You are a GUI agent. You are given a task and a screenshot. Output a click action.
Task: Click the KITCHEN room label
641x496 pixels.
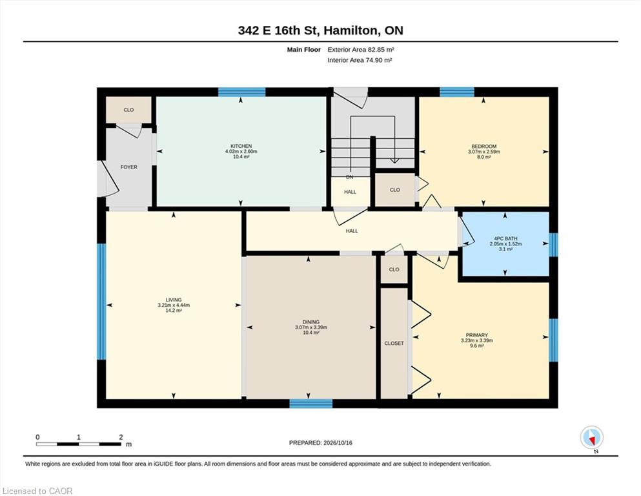241,146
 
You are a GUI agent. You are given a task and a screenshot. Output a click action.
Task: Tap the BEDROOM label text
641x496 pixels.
484,147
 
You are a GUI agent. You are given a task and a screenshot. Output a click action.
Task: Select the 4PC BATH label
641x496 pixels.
505,238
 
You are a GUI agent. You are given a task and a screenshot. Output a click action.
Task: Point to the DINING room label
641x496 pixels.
311,322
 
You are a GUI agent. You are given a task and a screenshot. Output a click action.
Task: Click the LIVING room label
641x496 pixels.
174,300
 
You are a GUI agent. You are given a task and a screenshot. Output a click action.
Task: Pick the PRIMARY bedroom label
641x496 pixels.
476,335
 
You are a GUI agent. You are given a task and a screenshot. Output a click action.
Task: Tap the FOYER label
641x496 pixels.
128,167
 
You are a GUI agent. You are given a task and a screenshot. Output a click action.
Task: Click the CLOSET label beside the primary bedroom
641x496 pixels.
394,344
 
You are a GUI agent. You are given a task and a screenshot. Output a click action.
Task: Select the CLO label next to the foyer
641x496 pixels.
128,110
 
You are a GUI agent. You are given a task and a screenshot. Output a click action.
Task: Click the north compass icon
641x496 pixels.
591,437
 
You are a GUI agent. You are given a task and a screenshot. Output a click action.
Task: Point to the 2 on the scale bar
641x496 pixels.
121,437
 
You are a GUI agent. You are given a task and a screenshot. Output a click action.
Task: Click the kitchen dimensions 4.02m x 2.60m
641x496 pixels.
241,151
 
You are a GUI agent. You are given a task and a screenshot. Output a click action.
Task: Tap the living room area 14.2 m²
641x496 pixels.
174,311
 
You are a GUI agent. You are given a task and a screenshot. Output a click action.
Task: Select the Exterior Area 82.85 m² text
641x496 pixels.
361,50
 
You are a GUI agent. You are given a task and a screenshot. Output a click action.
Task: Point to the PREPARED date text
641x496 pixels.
320,443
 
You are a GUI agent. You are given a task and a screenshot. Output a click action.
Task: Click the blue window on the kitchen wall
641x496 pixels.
241,92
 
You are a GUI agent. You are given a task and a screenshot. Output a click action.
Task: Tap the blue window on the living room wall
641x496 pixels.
101,302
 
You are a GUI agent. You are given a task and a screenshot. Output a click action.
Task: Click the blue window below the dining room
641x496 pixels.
311,404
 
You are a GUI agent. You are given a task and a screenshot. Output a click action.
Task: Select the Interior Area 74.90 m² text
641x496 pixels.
360,60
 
